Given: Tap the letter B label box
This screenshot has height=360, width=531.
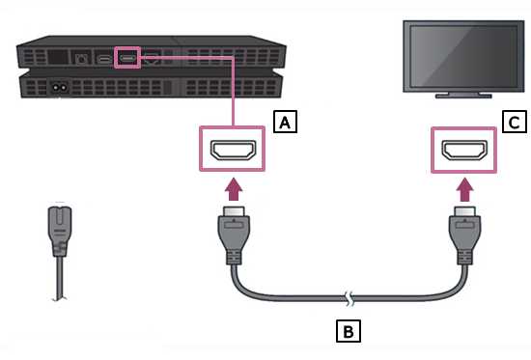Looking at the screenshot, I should pos(348,332).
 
